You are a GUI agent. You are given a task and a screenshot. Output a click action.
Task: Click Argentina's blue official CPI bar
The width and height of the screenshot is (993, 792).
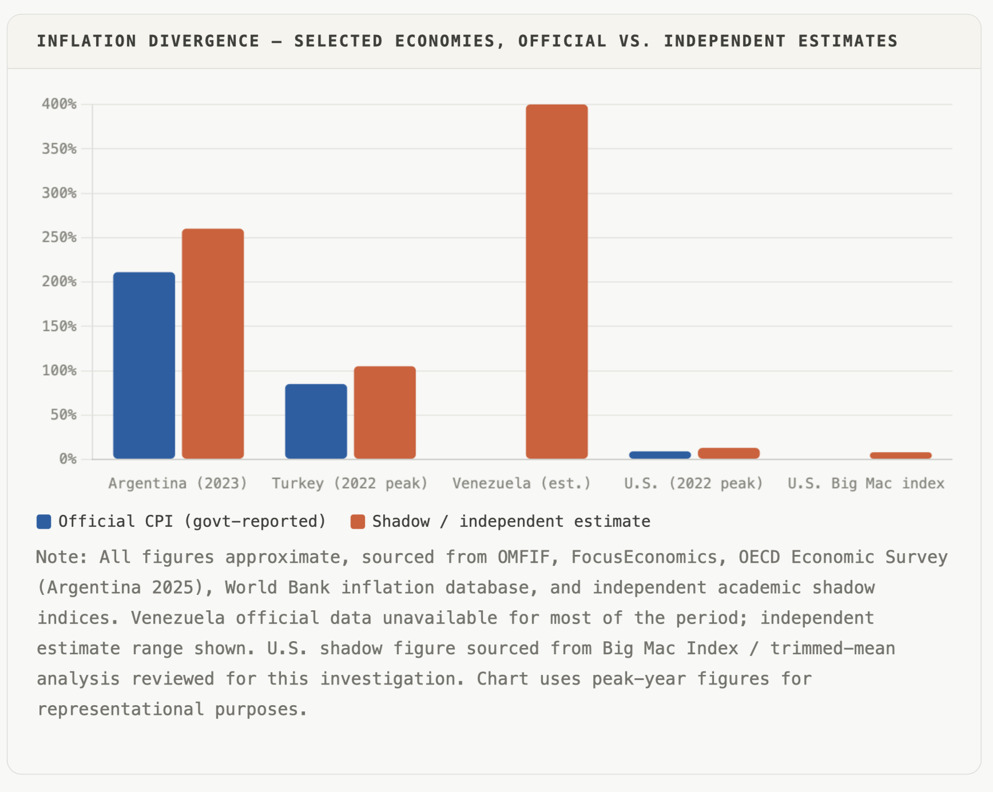pos(144,365)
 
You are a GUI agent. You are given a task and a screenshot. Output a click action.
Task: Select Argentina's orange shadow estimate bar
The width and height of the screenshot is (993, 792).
pos(213,343)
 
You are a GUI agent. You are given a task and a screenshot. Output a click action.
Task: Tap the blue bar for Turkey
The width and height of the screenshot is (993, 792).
pos(316,421)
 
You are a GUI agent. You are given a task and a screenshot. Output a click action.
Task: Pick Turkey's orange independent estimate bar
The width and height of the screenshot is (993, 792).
pos(384,412)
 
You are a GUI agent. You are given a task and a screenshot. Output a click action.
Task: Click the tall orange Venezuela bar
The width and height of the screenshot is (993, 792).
pos(557,281)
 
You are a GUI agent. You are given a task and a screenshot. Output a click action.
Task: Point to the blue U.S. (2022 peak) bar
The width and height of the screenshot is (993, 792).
pos(660,455)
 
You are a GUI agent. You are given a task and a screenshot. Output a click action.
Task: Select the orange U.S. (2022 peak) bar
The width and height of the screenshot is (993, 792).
pos(728,453)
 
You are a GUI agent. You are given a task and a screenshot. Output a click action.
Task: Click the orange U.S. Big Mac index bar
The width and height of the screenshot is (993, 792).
pos(900,455)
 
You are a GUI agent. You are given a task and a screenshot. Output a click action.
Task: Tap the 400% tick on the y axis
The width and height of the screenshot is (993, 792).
pos(59,104)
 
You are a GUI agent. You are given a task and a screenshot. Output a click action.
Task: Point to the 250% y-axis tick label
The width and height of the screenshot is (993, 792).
pos(59,237)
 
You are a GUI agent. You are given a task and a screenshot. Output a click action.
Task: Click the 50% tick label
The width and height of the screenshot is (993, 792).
pos(63,415)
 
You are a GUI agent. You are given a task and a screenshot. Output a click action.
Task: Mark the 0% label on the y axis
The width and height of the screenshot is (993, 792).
pos(67,459)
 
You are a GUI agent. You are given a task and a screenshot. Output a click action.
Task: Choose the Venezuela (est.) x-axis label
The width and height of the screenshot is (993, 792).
pos(522,483)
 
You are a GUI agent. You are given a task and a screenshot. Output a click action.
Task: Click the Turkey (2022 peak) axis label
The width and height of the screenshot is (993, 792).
pos(349,483)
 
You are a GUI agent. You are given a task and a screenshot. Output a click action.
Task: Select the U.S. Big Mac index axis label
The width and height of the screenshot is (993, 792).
pos(865,483)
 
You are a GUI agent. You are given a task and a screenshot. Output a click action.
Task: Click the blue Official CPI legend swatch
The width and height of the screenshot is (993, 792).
pos(44,522)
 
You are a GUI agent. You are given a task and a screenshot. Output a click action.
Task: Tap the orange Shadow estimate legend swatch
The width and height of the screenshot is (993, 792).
pos(358,522)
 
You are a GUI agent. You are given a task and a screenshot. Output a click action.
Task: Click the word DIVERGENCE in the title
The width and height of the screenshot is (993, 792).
pos(204,41)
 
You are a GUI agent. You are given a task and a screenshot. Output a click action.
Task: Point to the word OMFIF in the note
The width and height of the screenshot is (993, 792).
pos(523,557)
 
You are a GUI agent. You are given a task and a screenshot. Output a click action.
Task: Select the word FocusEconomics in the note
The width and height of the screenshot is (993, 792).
pos(644,557)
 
